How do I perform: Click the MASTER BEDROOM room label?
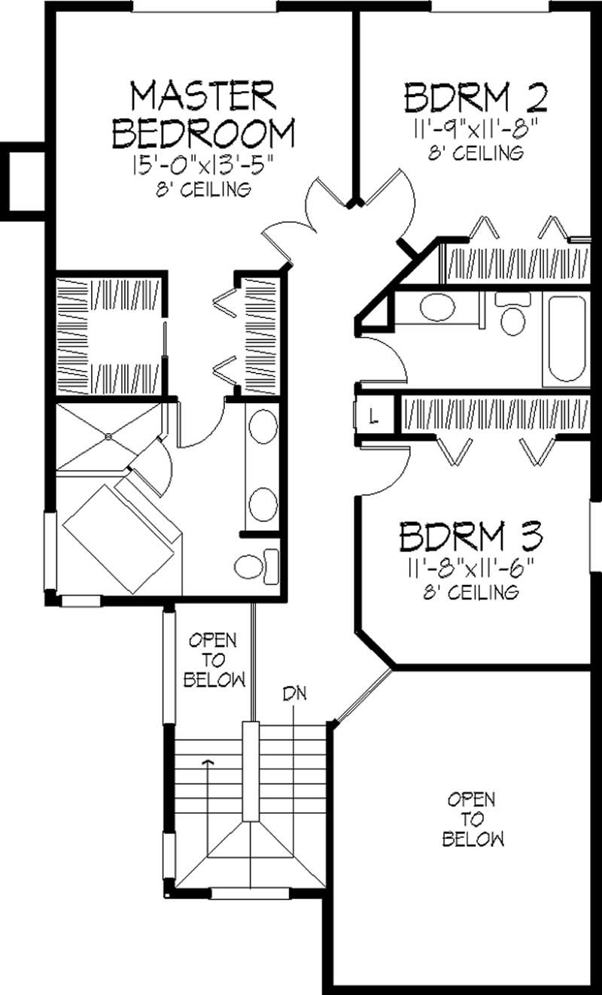point(202,115)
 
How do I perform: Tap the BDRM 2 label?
point(474,99)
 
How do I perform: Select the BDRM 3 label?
point(472,537)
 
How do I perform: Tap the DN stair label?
point(295,692)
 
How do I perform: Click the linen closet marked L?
point(374,415)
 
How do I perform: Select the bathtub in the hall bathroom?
point(567,341)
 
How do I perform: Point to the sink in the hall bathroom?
point(436,308)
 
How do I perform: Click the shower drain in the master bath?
point(110,435)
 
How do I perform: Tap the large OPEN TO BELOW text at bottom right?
point(473,819)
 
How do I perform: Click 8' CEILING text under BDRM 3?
point(472,593)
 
